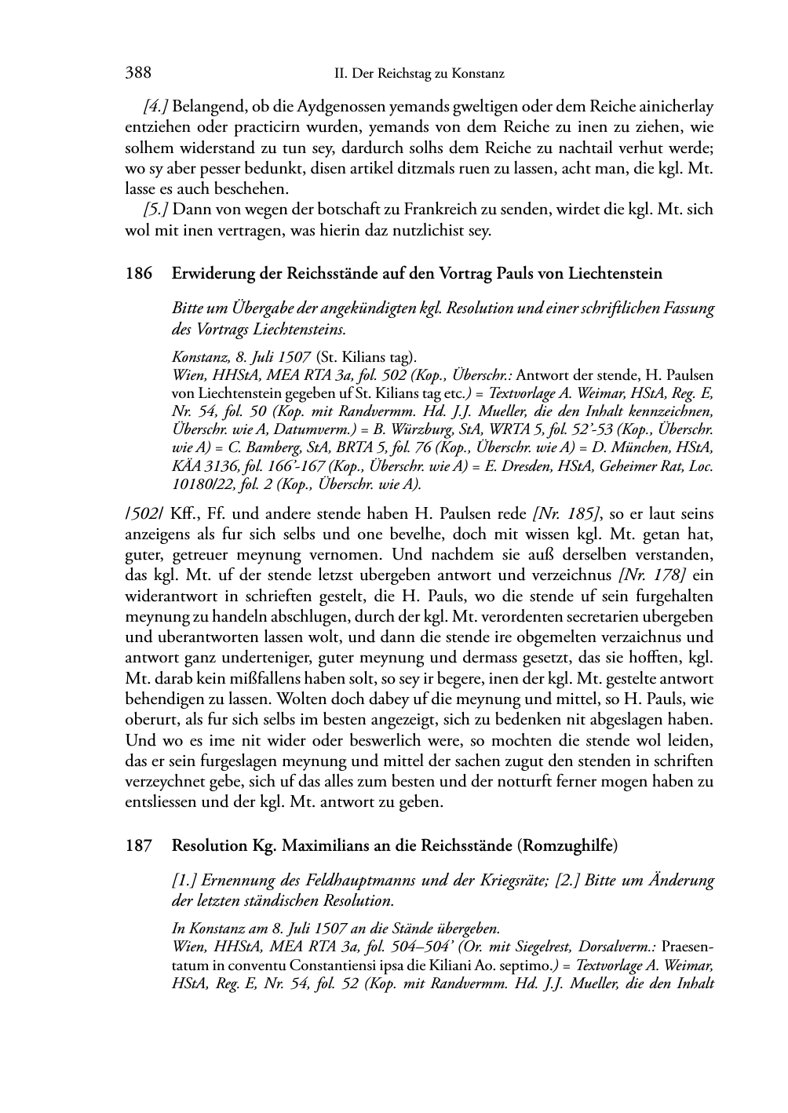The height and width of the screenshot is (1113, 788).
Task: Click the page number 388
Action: point(137,73)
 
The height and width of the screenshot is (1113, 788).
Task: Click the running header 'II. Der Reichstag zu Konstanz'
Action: point(418,74)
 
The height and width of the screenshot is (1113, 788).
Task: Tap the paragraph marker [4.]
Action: point(156,106)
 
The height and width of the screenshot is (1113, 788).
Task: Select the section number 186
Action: point(138,274)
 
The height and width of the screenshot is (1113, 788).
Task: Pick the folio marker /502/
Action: point(144,514)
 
